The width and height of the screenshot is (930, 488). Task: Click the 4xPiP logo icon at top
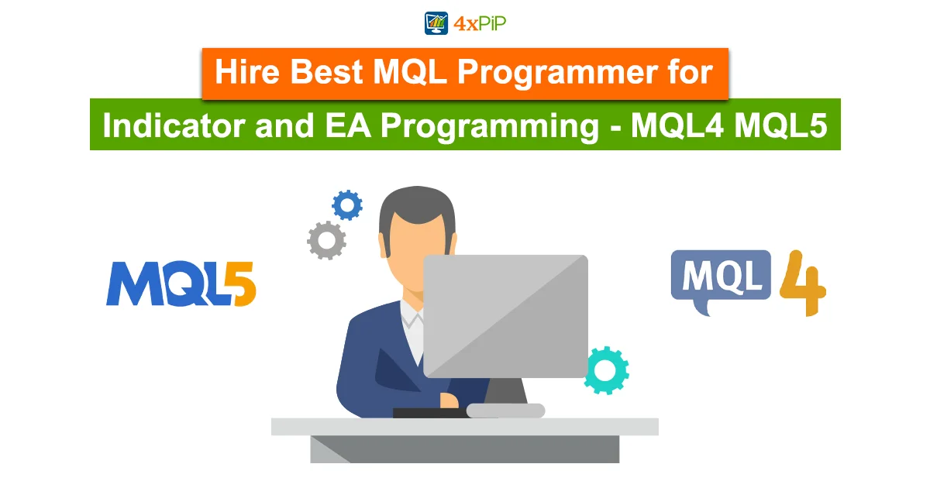(436, 23)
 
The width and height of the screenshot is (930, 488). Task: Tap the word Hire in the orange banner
(247, 72)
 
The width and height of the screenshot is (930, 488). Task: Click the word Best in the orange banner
(326, 72)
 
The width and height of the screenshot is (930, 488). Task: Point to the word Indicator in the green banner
(174, 125)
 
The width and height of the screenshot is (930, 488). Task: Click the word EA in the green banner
(347, 125)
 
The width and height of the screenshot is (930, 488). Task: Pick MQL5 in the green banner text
(780, 125)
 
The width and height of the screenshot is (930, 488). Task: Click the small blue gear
(347, 205)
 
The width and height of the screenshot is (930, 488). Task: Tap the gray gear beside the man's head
(327, 240)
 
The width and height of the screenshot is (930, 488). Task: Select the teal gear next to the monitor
(607, 370)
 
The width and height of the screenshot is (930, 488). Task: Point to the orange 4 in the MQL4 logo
(803, 283)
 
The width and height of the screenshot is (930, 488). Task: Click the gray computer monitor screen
(505, 316)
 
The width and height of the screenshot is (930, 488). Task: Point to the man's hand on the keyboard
(449, 401)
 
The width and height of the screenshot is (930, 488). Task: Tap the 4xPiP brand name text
(480, 24)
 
